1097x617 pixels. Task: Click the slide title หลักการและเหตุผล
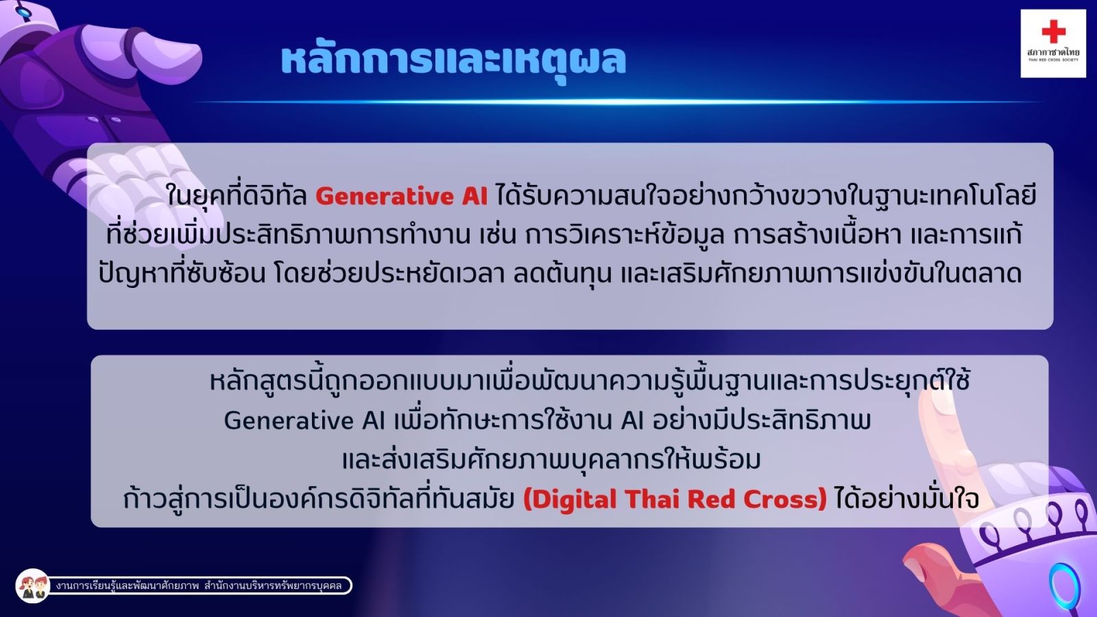pyautogui.click(x=453, y=61)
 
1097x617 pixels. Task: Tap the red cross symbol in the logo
pyautogui.click(x=1053, y=32)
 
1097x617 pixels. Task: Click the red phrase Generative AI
pyautogui.click(x=402, y=196)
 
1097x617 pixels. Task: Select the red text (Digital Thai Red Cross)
pyautogui.click(x=675, y=499)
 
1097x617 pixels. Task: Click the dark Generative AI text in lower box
pyautogui.click(x=304, y=421)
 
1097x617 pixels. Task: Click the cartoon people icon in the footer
pyautogui.click(x=33, y=585)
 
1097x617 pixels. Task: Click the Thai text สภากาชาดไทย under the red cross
pyautogui.click(x=1053, y=51)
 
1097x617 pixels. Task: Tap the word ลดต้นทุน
pyautogui.click(x=563, y=274)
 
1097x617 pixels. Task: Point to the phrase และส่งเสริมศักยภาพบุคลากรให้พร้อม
pyautogui.click(x=551, y=460)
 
